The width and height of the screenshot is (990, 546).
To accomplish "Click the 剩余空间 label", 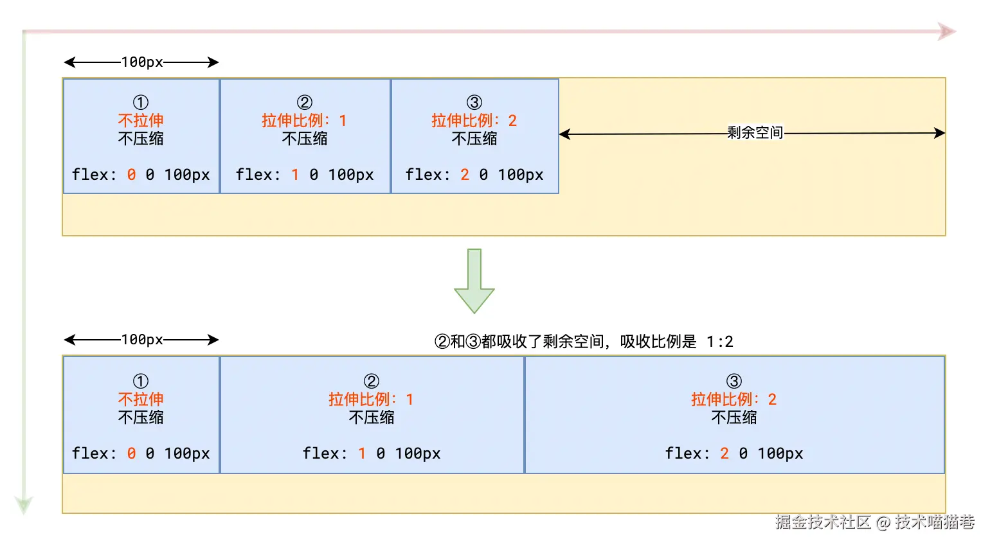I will pyautogui.click(x=755, y=133).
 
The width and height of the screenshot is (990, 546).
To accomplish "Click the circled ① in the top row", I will pyautogui.click(x=141, y=103).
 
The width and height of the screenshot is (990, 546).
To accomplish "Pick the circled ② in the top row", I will pyautogui.click(x=305, y=103).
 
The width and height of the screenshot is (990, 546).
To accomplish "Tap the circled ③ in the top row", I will pyautogui.click(x=474, y=103).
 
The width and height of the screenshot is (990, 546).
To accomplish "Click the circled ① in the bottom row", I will pyautogui.click(x=141, y=382).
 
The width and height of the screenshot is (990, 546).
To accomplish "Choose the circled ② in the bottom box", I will pyautogui.click(x=372, y=382).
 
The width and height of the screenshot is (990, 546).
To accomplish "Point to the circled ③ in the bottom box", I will pyautogui.click(x=734, y=382).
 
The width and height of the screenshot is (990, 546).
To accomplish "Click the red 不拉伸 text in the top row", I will pyautogui.click(x=141, y=121).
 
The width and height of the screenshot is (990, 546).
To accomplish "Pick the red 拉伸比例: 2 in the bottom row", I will pyautogui.click(x=734, y=400).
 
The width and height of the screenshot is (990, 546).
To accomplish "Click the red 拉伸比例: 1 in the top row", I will pyautogui.click(x=305, y=121).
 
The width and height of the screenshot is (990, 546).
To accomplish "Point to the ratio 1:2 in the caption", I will pyautogui.click(x=719, y=342).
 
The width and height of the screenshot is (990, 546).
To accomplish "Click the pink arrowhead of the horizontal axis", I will pyautogui.click(x=947, y=31).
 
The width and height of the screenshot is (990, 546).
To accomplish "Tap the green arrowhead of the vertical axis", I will pyautogui.click(x=24, y=504).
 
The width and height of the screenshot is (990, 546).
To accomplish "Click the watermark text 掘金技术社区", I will pyautogui.click(x=822, y=522).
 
